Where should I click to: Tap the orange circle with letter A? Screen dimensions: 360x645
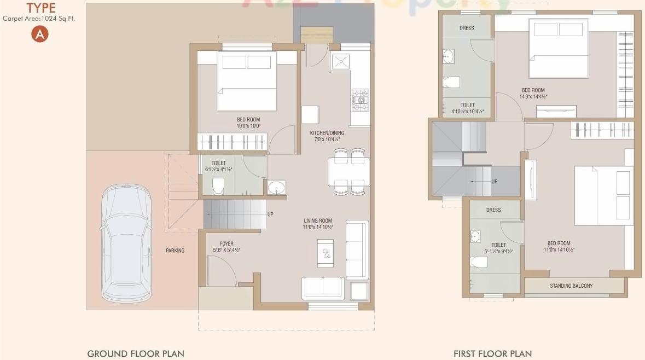point(40,34)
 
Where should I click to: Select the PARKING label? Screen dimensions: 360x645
point(175,251)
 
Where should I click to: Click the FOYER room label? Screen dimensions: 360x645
point(226,243)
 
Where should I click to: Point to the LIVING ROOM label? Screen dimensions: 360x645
point(318,221)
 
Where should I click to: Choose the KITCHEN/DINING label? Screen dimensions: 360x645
point(327,133)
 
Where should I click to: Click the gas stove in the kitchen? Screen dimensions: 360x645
point(360,100)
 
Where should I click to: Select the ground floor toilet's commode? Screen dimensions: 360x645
point(217,185)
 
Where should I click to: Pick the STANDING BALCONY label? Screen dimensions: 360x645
point(571,286)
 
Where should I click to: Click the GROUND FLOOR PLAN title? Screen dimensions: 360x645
point(136,353)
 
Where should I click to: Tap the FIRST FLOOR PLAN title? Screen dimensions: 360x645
point(492,353)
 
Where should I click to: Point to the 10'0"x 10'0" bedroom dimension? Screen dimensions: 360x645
point(248,126)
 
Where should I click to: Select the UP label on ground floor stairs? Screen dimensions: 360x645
point(270,214)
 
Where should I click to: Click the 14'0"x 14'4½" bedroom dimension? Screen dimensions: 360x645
point(533,97)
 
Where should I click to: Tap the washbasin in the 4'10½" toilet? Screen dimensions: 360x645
point(448,55)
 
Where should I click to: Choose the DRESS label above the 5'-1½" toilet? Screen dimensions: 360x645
point(493,210)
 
